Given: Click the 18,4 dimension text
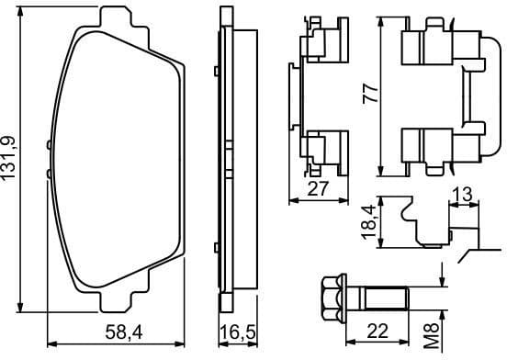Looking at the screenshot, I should pyautogui.click(x=368, y=223).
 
